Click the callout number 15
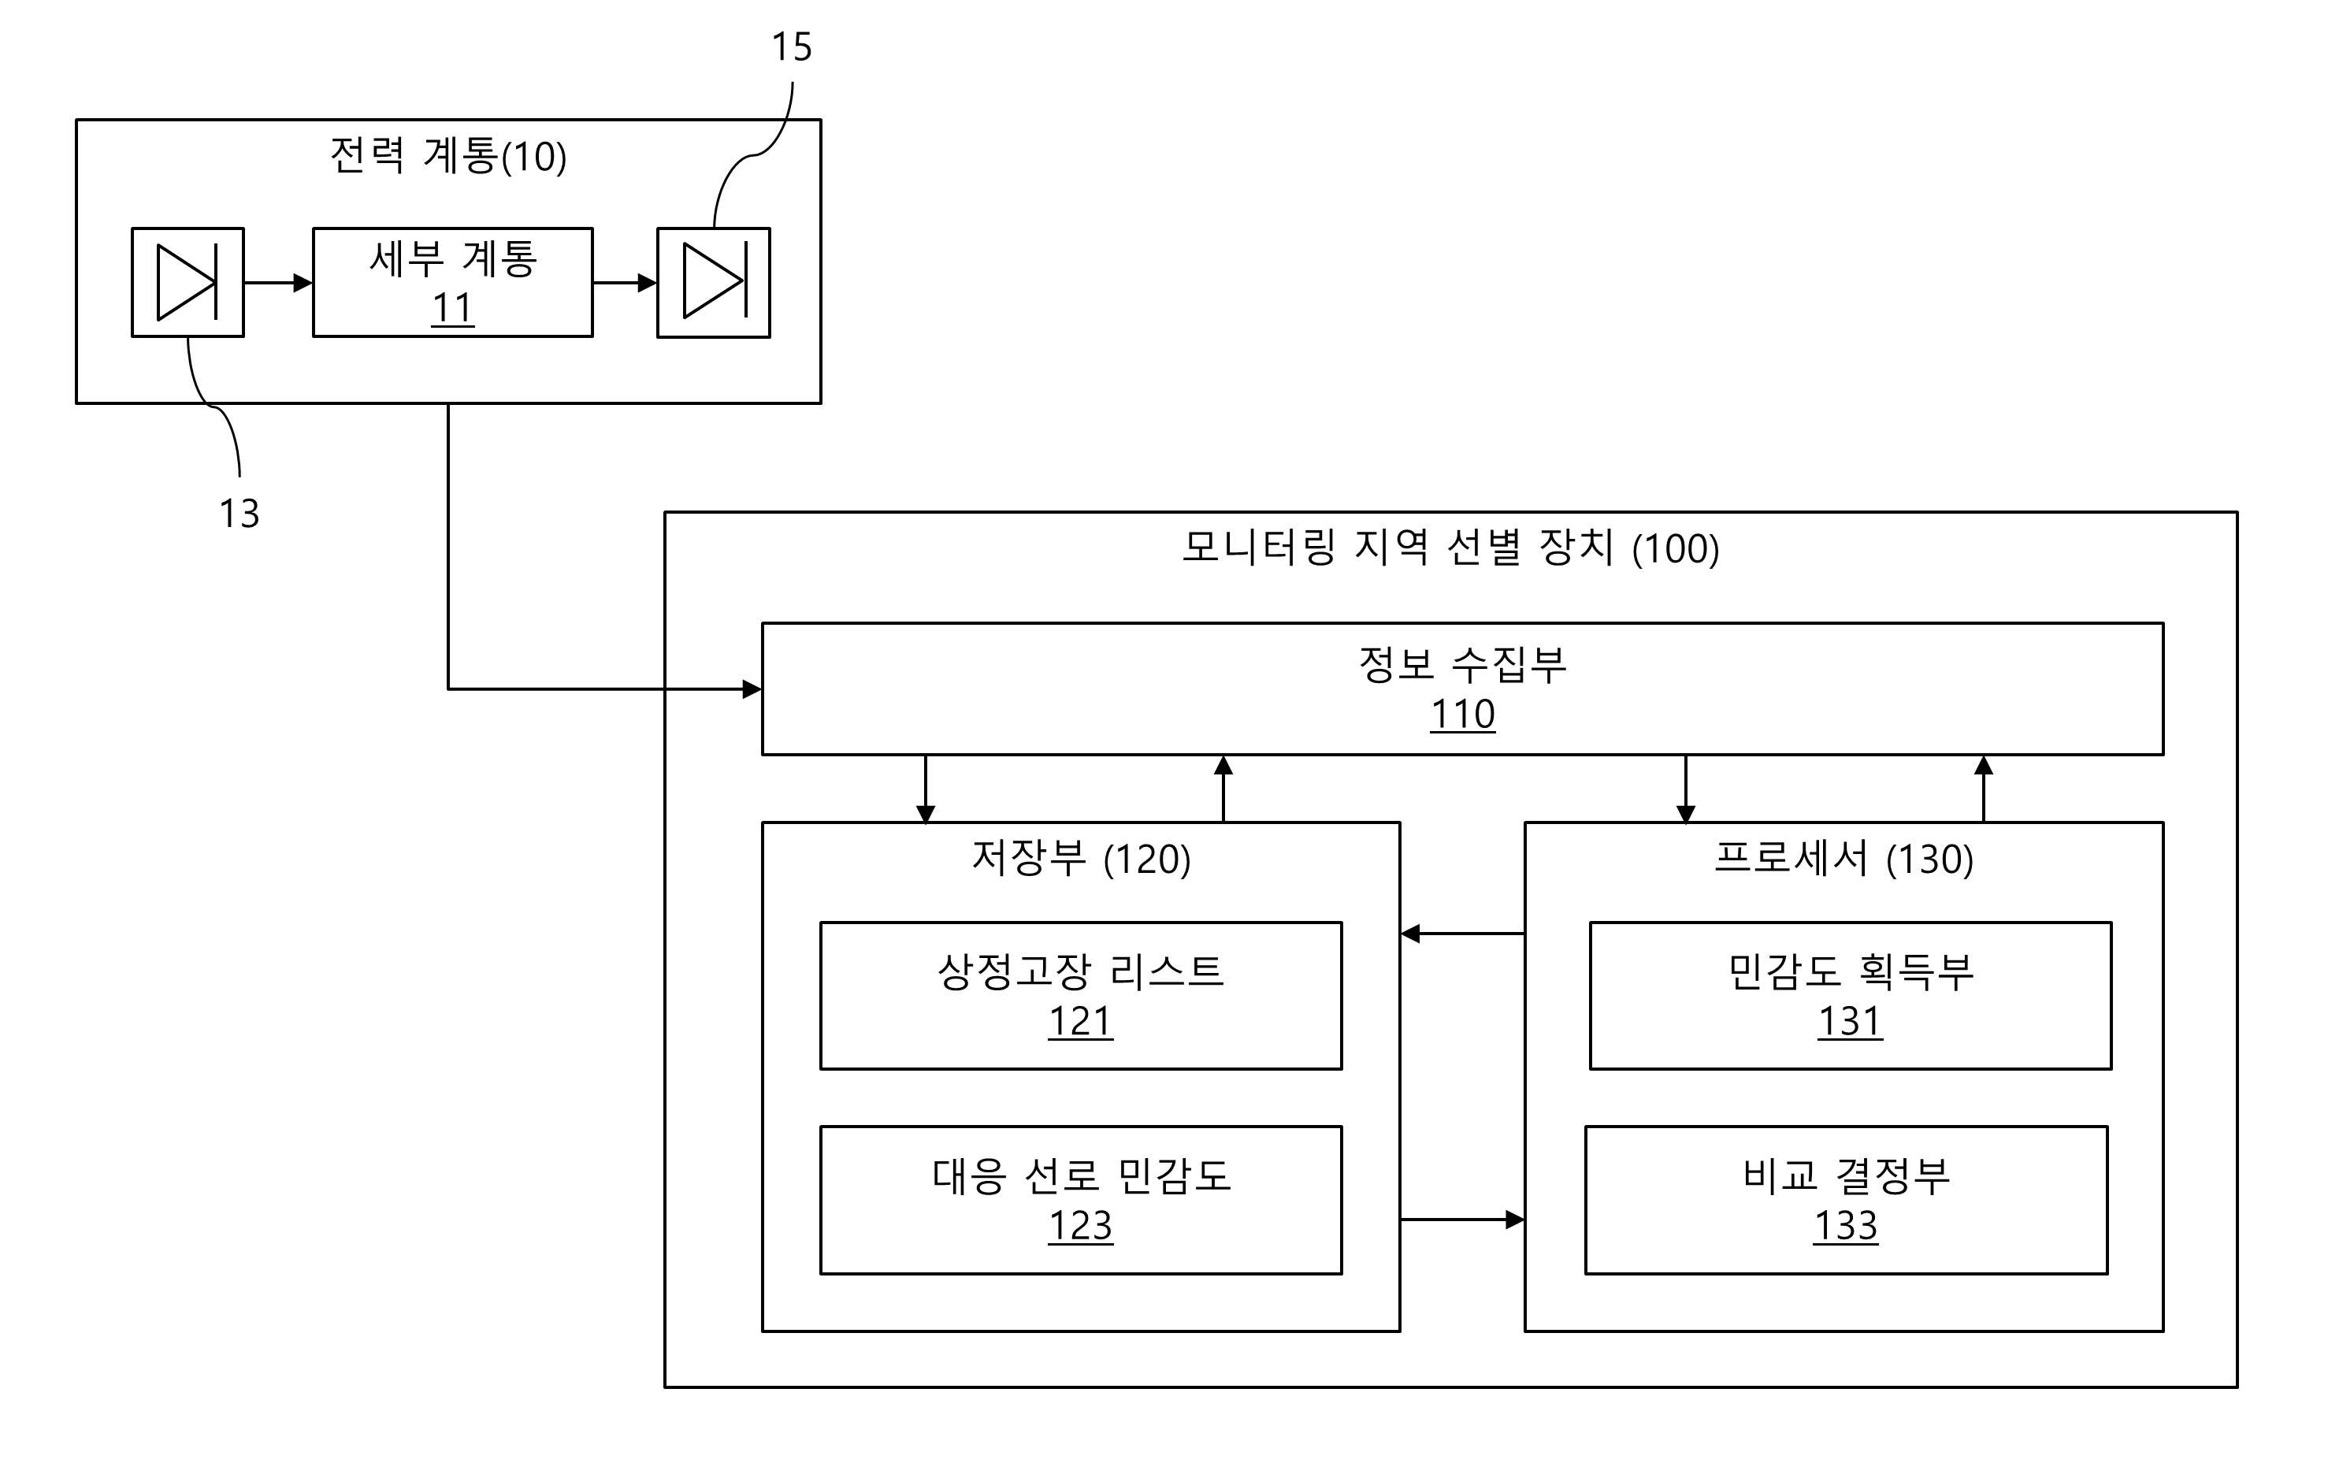[791, 46]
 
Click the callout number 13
[239, 514]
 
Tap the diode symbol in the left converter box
[188, 282]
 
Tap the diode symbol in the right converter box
[715, 280]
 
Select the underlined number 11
[452, 309]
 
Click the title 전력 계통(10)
[448, 156]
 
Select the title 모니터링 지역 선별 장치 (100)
[1450, 548]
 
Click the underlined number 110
[1463, 715]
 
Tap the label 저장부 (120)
[1081, 859]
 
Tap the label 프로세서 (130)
[1843, 859]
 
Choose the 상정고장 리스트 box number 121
[1081, 1021]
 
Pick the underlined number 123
[1081, 1226]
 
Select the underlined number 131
[1851, 1021]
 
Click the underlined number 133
[1847, 1226]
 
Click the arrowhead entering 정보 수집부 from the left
[752, 689]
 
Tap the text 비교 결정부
[1847, 1175]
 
